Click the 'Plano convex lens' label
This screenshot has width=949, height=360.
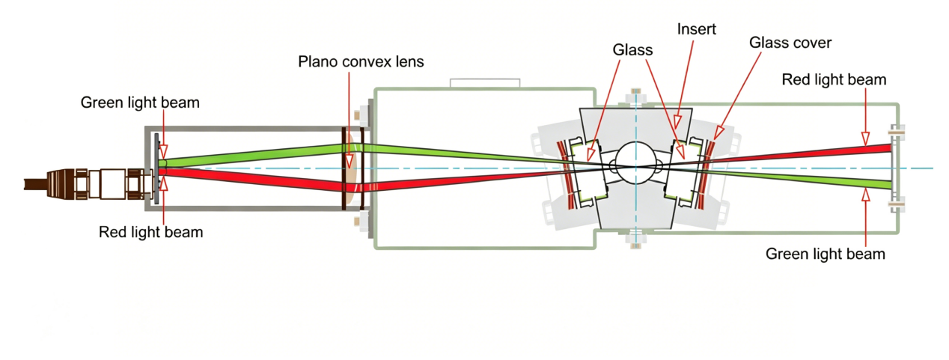[361, 62]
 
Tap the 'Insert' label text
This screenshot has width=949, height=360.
[697, 29]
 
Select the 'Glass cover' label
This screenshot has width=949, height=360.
[790, 43]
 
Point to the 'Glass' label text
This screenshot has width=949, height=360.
[632, 50]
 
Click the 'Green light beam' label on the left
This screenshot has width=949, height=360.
[140, 103]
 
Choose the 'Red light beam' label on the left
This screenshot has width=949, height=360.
[151, 232]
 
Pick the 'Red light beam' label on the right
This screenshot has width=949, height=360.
[834, 79]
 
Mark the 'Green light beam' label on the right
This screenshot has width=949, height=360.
[826, 254]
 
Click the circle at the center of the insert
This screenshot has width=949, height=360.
[635, 162]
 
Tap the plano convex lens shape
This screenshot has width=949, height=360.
[350, 168]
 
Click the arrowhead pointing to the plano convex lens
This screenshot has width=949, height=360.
[349, 161]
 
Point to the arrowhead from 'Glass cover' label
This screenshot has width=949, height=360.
[718, 133]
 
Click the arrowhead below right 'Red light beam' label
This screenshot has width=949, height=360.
[865, 138]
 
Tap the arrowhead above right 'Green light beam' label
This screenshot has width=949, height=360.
[865, 195]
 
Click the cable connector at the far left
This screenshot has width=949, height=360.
[89, 184]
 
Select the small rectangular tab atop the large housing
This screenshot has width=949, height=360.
[485, 83]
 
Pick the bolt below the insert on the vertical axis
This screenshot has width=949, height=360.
[635, 240]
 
